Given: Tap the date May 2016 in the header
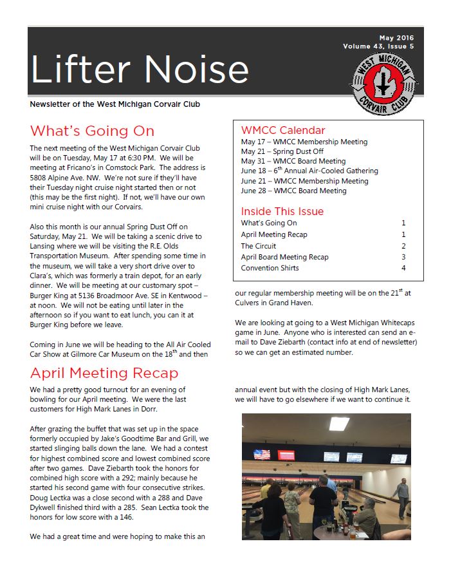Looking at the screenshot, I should [396, 38].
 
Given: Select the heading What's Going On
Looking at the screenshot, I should [92, 131].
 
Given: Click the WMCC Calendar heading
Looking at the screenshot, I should [283, 130].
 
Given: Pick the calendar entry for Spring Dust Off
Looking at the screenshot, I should [282, 151].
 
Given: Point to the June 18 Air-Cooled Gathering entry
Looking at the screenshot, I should [309, 171].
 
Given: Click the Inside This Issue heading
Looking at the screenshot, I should [282, 211].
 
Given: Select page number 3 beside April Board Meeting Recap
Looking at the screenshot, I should [403, 257].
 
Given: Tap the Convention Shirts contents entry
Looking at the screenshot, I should [270, 268].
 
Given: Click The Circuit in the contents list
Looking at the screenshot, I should [259, 246].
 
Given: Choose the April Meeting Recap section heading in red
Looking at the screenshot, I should [104, 373].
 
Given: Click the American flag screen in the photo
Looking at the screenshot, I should [262, 455].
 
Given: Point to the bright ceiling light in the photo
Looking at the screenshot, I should [339, 423].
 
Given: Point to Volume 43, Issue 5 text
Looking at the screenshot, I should [378, 46].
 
